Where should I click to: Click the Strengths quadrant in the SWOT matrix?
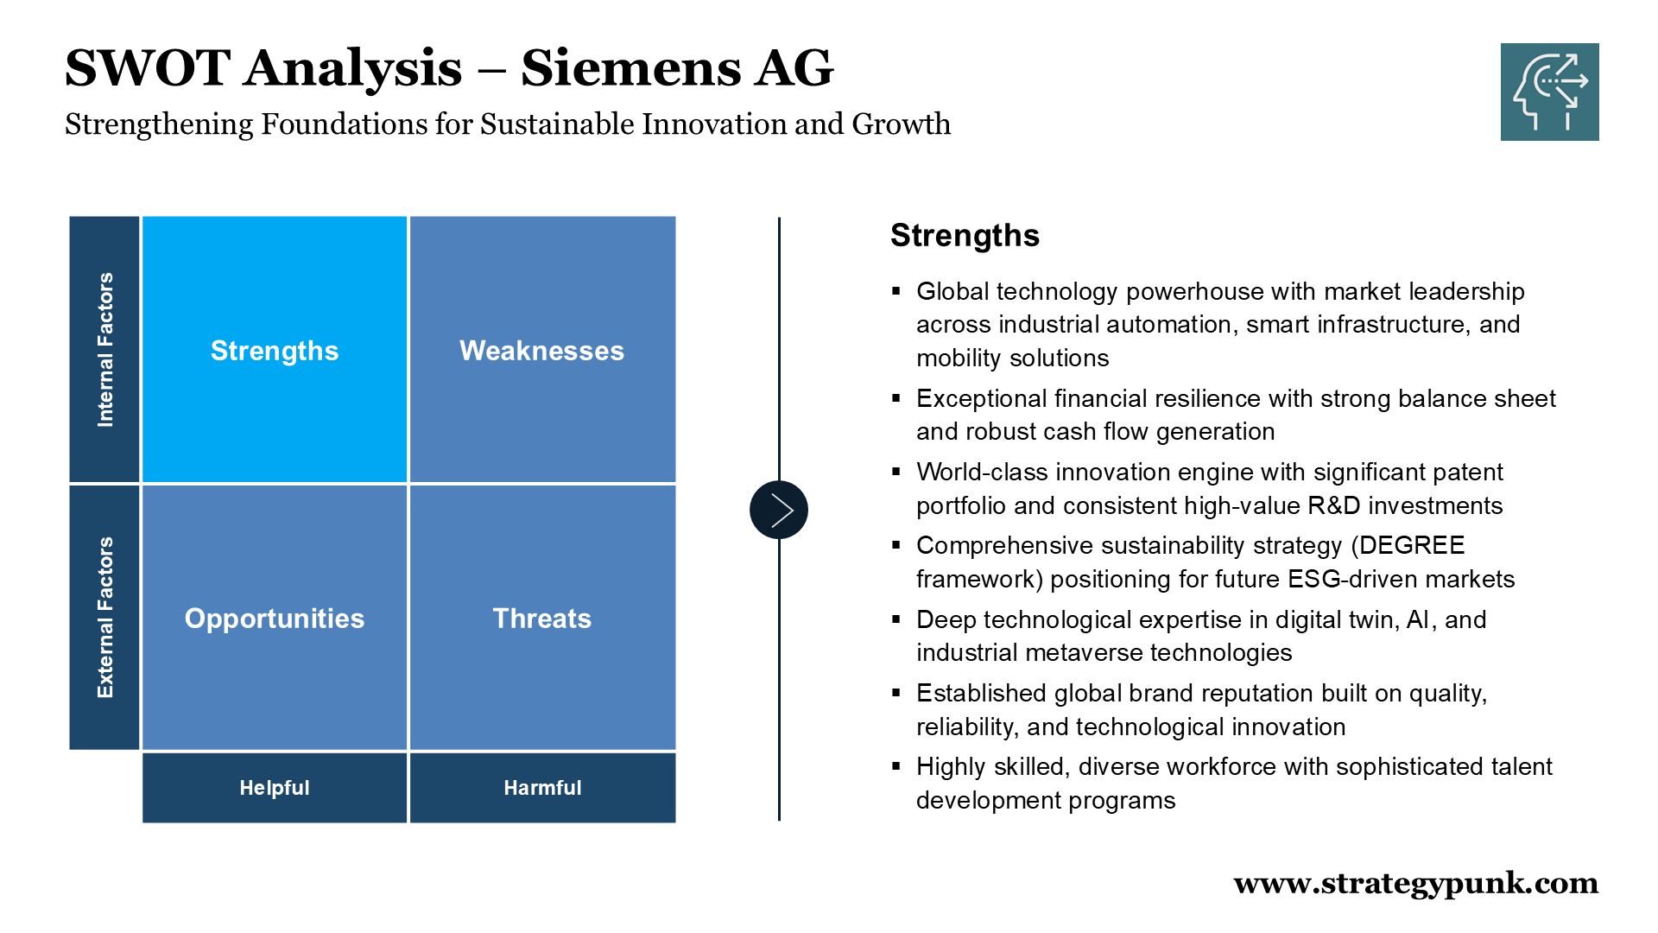[x=275, y=349]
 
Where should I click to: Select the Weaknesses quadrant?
[x=542, y=349]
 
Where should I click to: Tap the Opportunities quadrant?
[x=275, y=617]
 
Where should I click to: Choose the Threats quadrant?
[x=542, y=617]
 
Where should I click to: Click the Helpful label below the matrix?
[x=275, y=787]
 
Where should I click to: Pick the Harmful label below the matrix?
[x=542, y=787]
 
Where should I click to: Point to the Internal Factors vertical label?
[x=104, y=349]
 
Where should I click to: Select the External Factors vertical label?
[x=104, y=617]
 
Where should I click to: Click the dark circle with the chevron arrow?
[x=779, y=510]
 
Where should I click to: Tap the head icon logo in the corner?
[x=1550, y=92]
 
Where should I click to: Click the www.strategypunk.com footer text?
[x=1416, y=884]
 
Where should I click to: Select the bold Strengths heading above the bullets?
[x=965, y=235]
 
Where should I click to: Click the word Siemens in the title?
[x=630, y=67]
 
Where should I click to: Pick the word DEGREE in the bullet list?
[x=1412, y=545]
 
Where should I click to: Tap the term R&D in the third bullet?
[x=1334, y=505]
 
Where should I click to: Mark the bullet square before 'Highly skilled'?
[x=896, y=765]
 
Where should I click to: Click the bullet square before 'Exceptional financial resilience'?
[x=896, y=397]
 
